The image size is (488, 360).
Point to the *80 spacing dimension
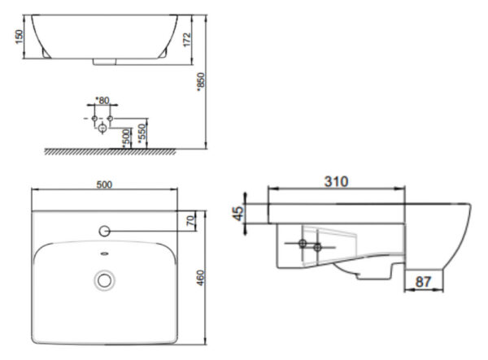pyautogui.click(x=102, y=100)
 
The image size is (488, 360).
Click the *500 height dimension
pyautogui.click(x=126, y=136)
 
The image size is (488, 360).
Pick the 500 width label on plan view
pyautogui.click(x=104, y=184)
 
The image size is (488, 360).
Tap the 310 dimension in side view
pyautogui.click(x=336, y=180)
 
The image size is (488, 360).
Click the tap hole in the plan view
pyautogui.click(x=104, y=232)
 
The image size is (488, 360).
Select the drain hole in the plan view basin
pyautogui.click(x=104, y=280)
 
